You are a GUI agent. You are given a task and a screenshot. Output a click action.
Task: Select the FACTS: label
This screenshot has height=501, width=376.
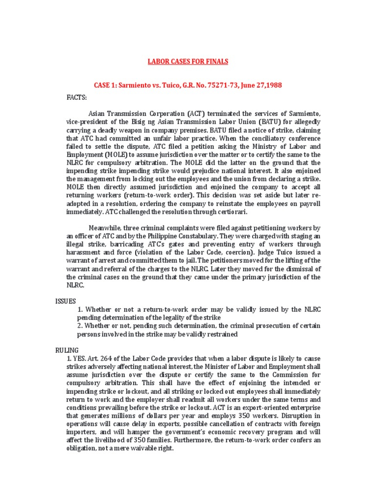click(x=76, y=97)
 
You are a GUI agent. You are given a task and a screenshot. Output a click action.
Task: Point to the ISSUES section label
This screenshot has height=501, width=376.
click(x=65, y=301)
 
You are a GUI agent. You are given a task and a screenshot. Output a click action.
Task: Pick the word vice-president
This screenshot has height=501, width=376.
click(x=87, y=123)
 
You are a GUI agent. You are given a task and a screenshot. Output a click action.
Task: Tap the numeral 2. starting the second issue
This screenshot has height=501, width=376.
click(x=81, y=326)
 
